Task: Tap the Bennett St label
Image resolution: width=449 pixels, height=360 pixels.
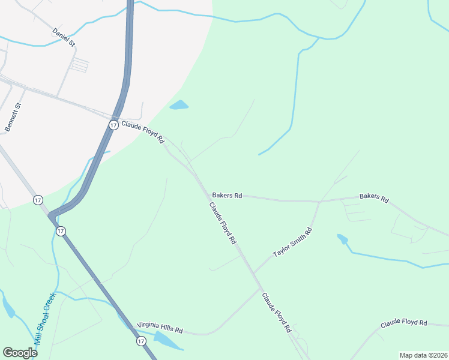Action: click(x=13, y=118)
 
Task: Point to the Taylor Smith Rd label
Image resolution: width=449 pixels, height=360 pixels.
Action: click(x=293, y=242)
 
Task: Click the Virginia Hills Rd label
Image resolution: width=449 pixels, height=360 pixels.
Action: click(x=159, y=328)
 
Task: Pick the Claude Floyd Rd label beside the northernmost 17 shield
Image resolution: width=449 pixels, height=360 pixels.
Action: click(x=143, y=131)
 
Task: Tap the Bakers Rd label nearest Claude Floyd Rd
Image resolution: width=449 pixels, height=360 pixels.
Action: click(x=227, y=196)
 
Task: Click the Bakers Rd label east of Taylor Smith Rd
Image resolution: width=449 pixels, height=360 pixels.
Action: click(x=374, y=197)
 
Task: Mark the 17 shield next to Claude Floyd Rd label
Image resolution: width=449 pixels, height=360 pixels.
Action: click(x=113, y=125)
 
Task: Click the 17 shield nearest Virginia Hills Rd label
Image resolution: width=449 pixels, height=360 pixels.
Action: click(x=140, y=341)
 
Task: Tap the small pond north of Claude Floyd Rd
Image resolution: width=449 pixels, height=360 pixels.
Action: click(x=179, y=106)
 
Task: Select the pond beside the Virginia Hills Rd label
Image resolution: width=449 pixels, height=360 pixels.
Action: click(x=166, y=340)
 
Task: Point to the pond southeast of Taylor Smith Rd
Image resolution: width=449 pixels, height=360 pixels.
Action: click(x=343, y=239)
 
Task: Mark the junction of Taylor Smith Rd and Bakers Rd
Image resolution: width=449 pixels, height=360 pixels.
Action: click(x=319, y=202)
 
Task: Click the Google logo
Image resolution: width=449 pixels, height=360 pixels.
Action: click(x=20, y=352)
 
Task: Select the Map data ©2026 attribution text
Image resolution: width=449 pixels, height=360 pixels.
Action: click(x=423, y=355)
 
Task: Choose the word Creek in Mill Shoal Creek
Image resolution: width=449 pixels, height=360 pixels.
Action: click(x=51, y=302)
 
